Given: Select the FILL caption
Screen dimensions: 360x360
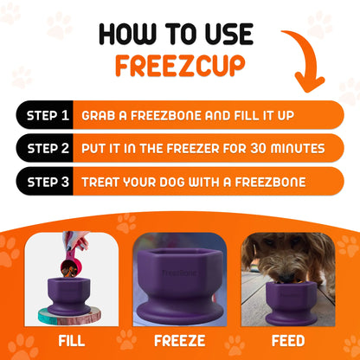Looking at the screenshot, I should point(70,340).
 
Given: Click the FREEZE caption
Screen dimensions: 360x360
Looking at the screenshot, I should point(180,340).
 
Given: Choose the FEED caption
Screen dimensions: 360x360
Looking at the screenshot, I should point(288,340).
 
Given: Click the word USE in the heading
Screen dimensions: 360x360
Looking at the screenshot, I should point(228,34).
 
